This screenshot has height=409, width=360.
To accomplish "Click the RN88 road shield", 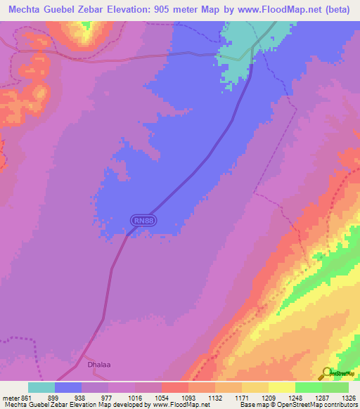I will (x=143, y=221).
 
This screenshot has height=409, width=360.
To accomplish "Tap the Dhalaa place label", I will (x=98, y=365).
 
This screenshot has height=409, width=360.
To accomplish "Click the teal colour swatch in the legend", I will (x=41, y=387).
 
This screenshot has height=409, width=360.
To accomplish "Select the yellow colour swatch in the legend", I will (x=281, y=387).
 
